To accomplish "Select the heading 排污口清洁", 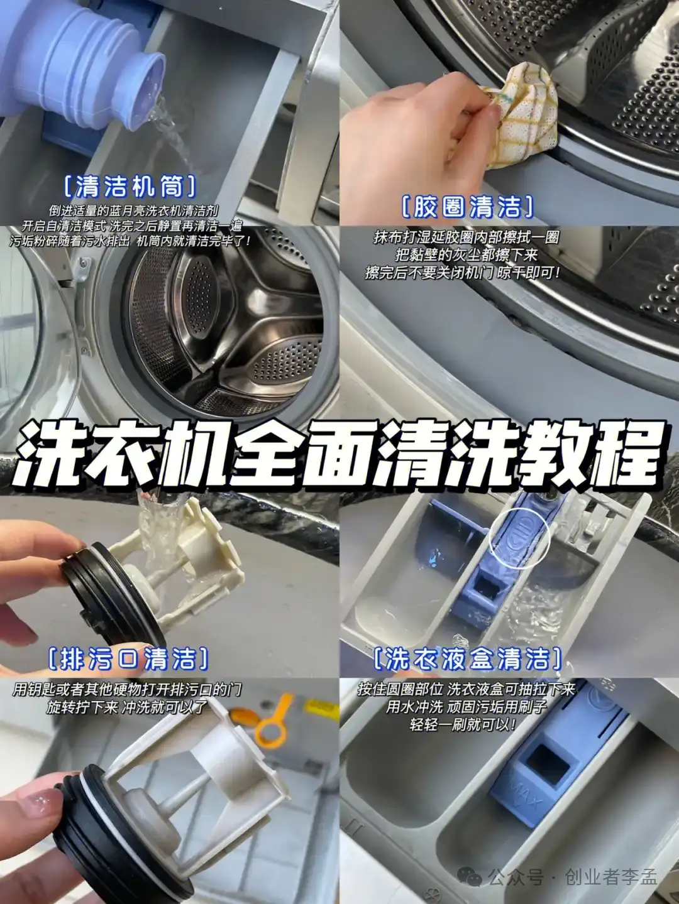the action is (x=128, y=658).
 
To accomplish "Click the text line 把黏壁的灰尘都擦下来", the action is (x=466, y=255).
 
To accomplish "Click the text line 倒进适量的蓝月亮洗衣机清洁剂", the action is (x=133, y=211).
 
